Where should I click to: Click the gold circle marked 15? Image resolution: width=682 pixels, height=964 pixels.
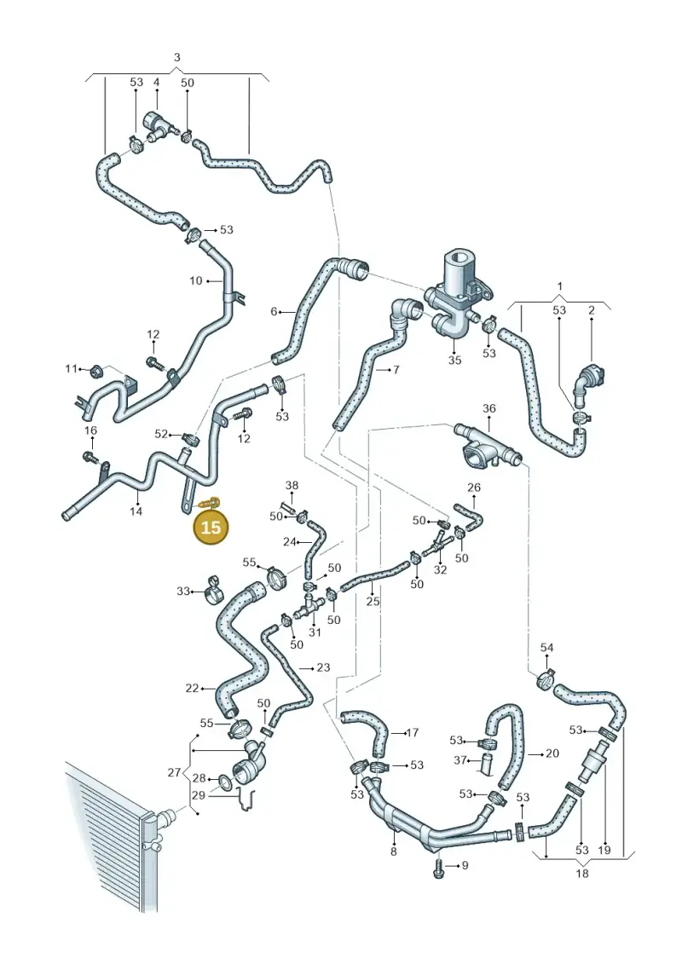pos(211,527)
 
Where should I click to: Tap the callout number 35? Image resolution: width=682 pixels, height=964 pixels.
pos(454,360)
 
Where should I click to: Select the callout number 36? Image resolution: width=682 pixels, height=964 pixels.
pos(488,408)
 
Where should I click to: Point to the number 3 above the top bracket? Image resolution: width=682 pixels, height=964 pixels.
pos(177,57)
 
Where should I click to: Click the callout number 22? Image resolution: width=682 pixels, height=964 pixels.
pos(192,688)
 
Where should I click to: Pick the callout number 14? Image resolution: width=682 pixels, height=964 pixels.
pos(136,511)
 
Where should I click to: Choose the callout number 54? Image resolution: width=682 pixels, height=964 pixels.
pos(546,647)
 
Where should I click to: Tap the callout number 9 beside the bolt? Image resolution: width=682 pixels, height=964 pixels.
pos(465,865)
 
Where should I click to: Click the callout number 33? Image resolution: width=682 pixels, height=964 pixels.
pos(183,592)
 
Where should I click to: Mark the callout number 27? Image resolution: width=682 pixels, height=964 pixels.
pos(174,773)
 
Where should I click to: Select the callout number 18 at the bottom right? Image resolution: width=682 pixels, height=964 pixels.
pos(581,873)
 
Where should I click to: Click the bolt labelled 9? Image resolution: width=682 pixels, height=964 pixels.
pos(438,868)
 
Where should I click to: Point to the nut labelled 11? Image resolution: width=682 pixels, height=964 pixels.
pos(96,371)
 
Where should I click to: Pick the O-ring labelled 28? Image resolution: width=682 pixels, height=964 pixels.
pos(225,782)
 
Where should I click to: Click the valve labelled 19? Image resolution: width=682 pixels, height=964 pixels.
pos(593,763)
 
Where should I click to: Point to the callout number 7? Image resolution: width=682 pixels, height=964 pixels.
pos(396,370)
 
